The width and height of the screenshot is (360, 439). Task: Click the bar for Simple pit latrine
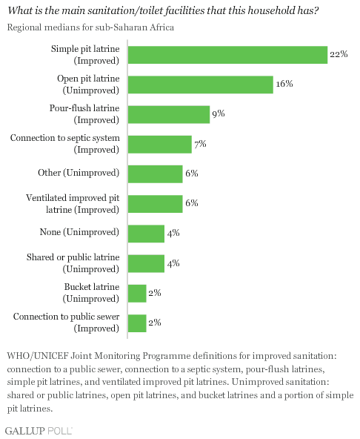coord(227,55)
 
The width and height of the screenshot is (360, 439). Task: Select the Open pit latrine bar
coord(201,85)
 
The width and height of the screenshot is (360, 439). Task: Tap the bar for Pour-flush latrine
coord(169,114)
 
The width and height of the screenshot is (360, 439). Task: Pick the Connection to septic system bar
coord(160,145)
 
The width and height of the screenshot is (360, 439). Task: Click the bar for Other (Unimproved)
coord(156,174)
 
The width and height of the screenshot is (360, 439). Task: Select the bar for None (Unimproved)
coord(146,234)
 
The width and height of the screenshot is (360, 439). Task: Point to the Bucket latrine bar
coord(137,294)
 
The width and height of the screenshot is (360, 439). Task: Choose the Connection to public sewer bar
coord(137,323)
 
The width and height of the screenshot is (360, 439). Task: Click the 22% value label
coord(339,53)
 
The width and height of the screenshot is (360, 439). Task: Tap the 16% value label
coord(284,84)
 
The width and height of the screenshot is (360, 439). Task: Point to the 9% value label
coord(219,113)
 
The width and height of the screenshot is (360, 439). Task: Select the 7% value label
coord(200,144)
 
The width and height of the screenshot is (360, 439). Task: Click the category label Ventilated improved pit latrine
coord(73,204)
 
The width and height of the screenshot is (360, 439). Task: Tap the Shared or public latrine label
coord(73,263)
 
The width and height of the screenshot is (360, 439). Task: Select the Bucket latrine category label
coord(91,293)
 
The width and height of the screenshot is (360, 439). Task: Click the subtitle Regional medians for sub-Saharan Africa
coord(90,27)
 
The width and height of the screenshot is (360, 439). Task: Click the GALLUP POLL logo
coord(39,431)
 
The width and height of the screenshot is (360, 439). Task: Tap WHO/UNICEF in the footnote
coord(38,356)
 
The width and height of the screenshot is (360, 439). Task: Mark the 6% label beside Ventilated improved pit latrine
coord(192,202)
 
